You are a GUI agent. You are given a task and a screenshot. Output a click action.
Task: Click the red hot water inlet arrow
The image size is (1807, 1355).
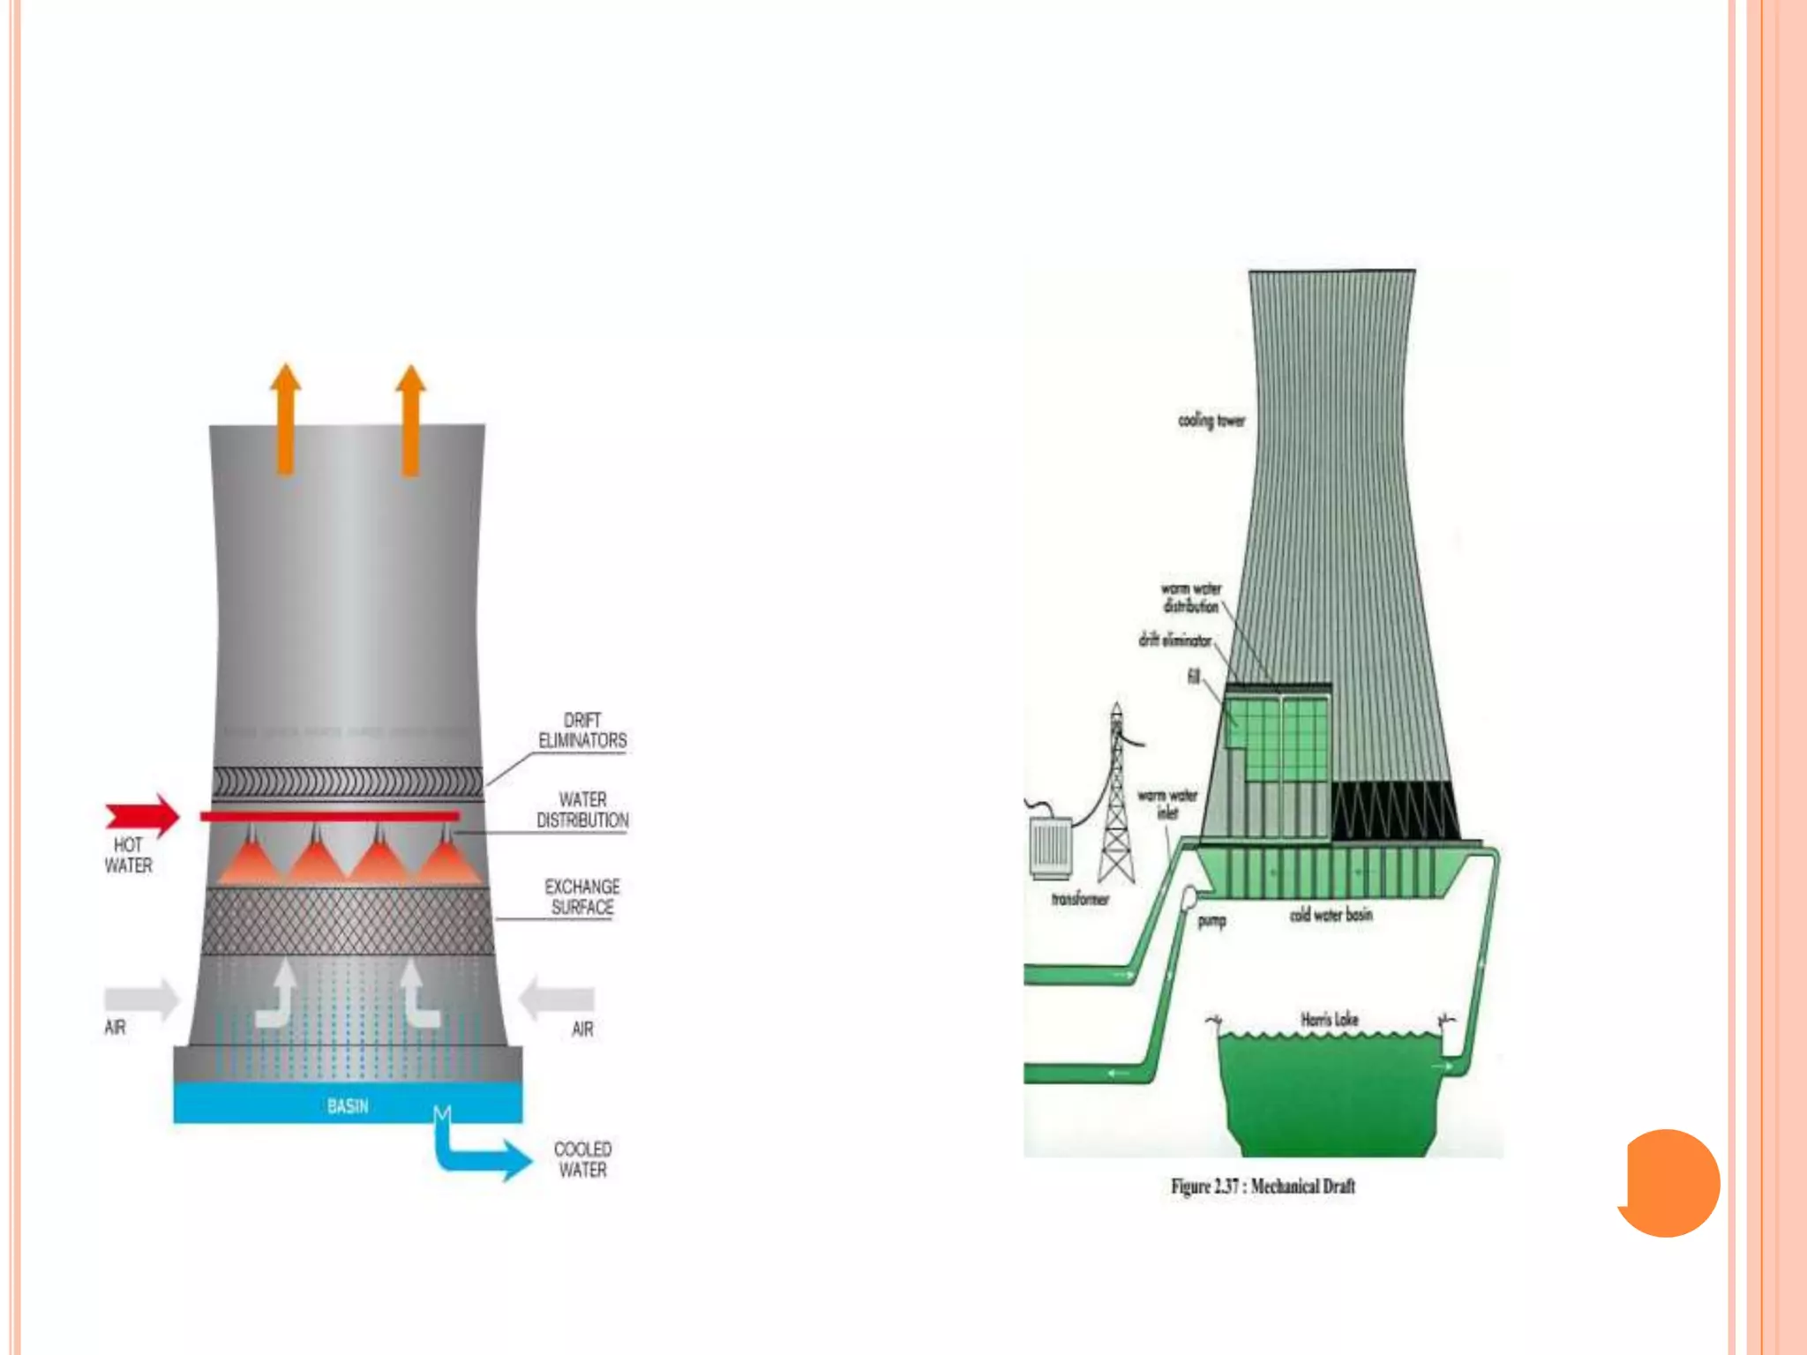143,815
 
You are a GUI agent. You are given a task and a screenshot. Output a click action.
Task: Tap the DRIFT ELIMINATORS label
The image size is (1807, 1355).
582,730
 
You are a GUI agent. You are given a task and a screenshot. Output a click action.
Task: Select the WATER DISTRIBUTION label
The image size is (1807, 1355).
582,810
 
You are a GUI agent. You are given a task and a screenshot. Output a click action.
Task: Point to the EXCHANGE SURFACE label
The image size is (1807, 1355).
582,896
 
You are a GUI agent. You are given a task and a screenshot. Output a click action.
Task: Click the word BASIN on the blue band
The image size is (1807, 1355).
348,1106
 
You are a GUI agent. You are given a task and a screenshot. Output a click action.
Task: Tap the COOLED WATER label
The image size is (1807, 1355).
582,1159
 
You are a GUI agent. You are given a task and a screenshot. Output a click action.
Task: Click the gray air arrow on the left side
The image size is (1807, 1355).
141,999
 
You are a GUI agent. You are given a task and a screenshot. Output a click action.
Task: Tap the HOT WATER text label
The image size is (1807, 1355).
129,855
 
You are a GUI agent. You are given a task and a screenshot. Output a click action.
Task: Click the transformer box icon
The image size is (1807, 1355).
1051,849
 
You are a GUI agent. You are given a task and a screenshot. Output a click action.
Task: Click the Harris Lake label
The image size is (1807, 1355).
1330,1020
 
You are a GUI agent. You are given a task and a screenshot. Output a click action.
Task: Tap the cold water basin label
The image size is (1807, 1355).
1331,916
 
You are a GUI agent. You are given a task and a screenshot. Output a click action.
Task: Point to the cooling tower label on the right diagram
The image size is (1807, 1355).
1211,421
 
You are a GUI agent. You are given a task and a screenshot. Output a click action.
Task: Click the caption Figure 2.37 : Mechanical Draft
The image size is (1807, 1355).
1263,1187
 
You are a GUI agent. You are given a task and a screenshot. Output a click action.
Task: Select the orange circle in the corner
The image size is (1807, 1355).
1669,1183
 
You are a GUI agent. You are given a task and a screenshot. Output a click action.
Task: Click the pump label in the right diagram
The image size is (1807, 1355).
1211,921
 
